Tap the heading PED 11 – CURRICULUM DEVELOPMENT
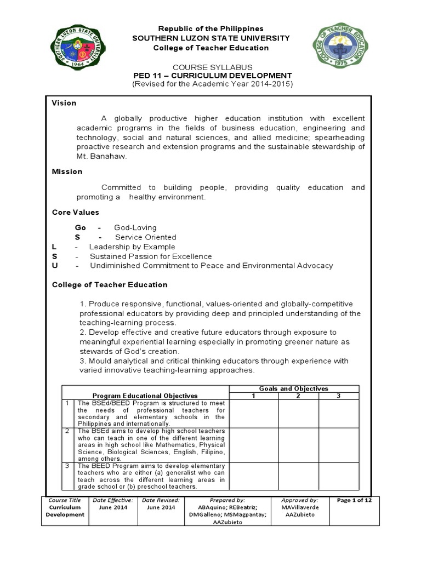tap(213, 76)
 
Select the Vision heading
tap(64, 103)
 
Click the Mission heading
tap(67, 171)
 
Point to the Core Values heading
tap(76, 212)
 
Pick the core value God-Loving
tap(135, 227)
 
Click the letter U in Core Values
tap(54, 266)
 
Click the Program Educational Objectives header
tap(145, 396)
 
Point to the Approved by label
tap(299, 500)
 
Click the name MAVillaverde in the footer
tap(299, 507)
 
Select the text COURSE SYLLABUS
tap(213, 67)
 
